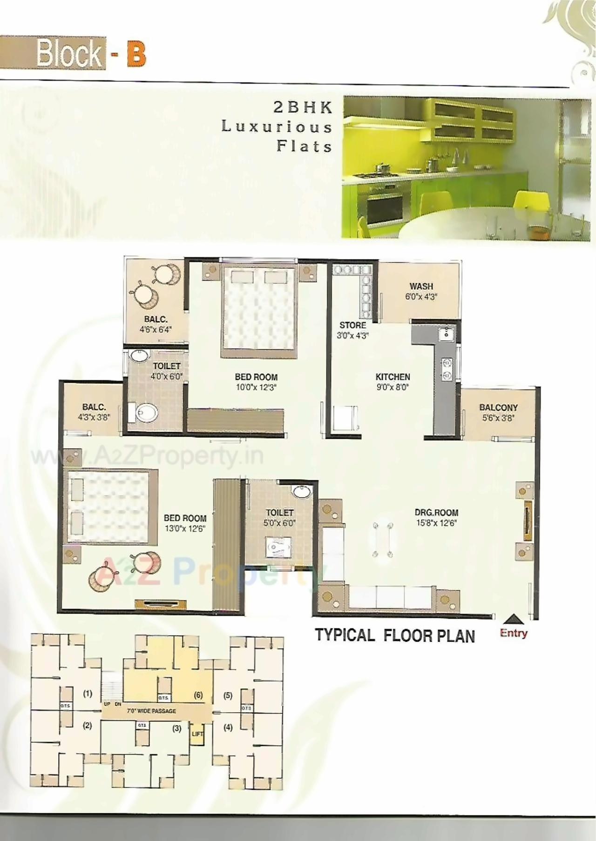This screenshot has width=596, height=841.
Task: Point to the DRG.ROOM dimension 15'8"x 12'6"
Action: click(436, 523)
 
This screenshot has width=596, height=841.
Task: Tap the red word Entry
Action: click(513, 633)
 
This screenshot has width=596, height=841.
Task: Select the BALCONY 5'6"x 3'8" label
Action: click(498, 413)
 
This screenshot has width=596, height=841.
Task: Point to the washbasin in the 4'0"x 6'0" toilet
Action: click(138, 356)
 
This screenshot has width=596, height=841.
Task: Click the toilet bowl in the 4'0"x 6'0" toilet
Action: click(146, 412)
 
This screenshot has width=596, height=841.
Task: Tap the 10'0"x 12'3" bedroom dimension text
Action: click(256, 387)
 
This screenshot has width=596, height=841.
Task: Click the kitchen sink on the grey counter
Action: click(447, 333)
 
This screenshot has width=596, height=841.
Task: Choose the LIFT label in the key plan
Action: click(197, 734)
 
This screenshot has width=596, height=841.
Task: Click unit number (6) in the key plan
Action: click(198, 695)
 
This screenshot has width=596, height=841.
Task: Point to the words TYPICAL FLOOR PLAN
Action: click(395, 635)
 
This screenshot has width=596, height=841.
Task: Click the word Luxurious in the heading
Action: click(277, 127)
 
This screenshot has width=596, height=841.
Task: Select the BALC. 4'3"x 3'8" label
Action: click(94, 412)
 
